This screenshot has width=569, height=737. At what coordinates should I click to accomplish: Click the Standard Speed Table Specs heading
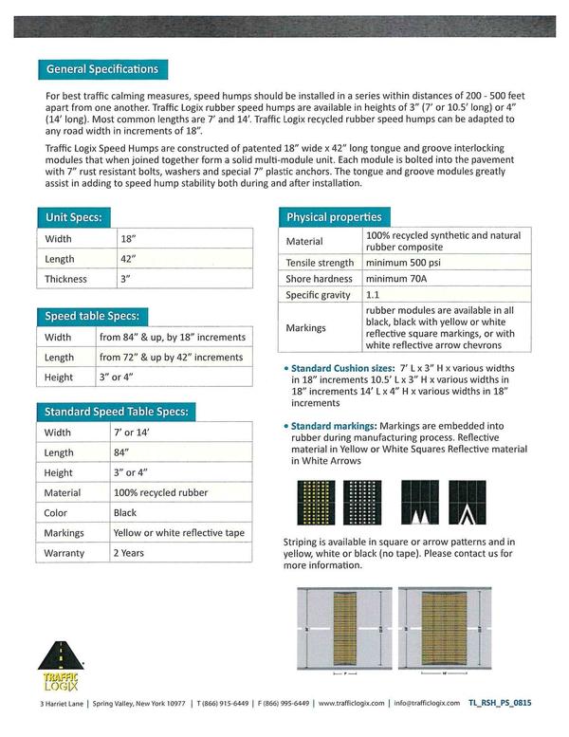pyautogui.click(x=117, y=412)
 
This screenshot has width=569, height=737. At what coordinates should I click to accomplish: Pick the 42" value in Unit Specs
pyautogui.click(x=130, y=259)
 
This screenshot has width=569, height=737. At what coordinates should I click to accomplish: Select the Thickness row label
pyautogui.click(x=65, y=279)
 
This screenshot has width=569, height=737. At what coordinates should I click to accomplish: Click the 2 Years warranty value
pyautogui.click(x=129, y=553)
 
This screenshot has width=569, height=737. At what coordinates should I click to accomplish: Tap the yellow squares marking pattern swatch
pyautogui.click(x=315, y=503)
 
